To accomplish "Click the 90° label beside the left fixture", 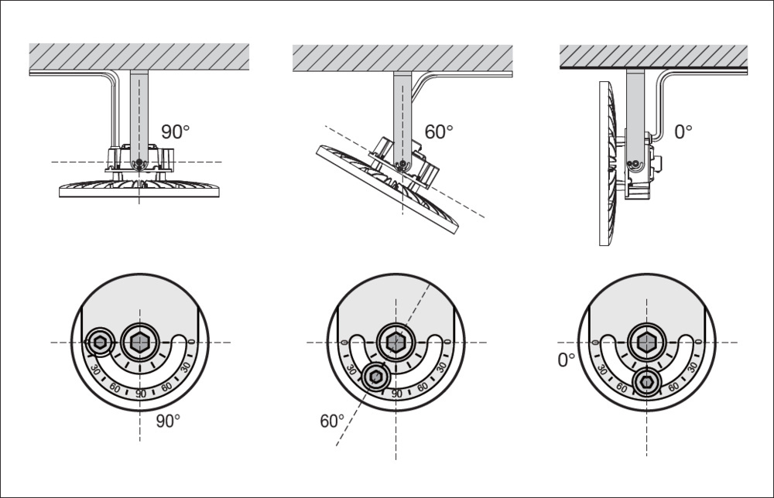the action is click(175, 131).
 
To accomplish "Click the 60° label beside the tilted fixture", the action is click(439, 131).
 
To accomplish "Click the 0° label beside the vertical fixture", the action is click(683, 131).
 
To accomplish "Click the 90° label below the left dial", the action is click(168, 421).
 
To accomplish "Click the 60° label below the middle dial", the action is click(332, 421).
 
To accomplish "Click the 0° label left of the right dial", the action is click(567, 360).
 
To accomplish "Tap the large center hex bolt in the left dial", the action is click(140, 342).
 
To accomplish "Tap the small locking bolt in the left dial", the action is click(99, 342).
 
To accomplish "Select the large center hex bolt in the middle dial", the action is click(396, 342).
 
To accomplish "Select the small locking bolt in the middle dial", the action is click(375, 377).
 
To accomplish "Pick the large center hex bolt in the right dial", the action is click(646, 342).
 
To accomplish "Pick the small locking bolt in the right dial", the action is click(646, 382).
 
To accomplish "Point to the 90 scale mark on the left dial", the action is click(141, 394).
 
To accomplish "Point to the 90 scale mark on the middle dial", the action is click(396, 394).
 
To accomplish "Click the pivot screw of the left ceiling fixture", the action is click(140, 162).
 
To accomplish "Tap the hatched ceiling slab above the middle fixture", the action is click(402, 58).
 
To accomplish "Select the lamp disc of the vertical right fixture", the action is click(608, 163).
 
